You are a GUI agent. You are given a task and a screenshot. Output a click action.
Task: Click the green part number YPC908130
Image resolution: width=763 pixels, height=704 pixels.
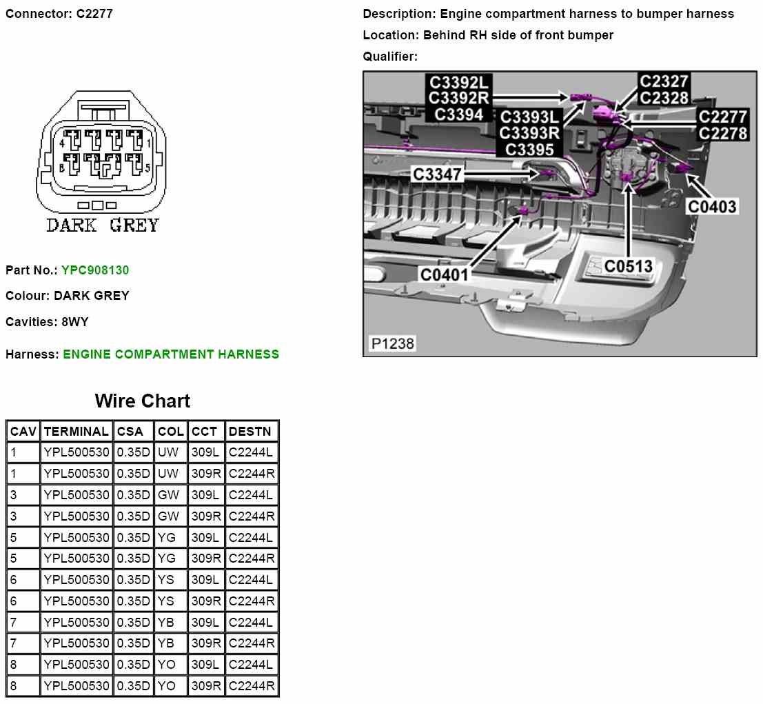click(95, 270)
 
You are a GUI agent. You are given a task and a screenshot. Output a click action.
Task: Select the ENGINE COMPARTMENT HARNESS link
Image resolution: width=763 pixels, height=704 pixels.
click(172, 354)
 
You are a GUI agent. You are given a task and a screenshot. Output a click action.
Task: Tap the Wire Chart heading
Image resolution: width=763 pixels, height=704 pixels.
click(143, 401)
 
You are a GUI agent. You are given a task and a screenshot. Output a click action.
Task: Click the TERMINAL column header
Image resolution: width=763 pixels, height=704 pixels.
click(77, 432)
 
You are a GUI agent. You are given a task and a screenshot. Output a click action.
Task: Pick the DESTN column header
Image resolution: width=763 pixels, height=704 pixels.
click(250, 432)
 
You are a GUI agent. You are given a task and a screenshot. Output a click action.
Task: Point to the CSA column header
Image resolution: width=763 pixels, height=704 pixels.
click(130, 432)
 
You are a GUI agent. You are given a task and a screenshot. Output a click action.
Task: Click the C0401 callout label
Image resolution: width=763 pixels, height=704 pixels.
click(445, 274)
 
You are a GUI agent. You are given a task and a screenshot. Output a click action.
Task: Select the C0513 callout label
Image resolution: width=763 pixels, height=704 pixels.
click(629, 266)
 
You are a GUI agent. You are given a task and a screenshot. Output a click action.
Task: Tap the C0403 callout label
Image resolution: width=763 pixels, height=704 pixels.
click(712, 206)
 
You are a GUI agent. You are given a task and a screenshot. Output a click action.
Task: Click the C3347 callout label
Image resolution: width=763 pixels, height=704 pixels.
click(437, 174)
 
